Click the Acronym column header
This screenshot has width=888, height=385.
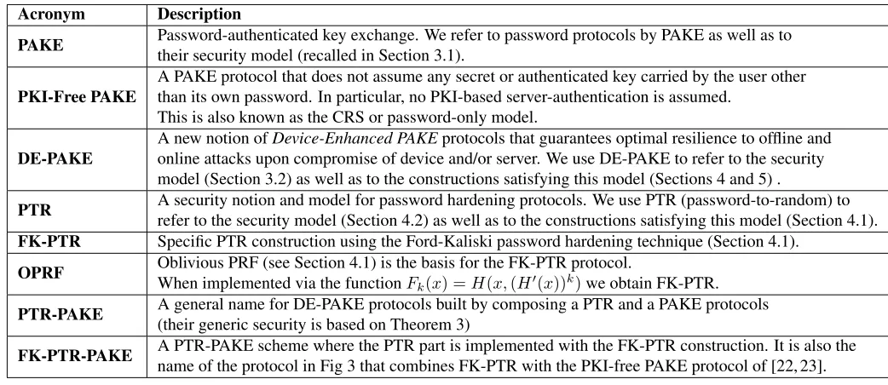(x=51, y=14)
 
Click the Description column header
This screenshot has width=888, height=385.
(x=199, y=14)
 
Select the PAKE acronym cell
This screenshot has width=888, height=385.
(x=41, y=45)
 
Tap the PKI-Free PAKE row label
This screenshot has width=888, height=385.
(x=77, y=97)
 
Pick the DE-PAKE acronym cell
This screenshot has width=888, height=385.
(x=55, y=158)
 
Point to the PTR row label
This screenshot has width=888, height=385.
(x=35, y=210)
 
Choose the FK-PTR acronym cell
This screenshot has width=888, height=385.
(x=49, y=242)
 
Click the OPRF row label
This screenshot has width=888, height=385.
(x=41, y=273)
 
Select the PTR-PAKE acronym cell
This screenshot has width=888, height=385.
(x=60, y=313)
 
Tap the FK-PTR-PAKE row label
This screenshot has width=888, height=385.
(x=75, y=355)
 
